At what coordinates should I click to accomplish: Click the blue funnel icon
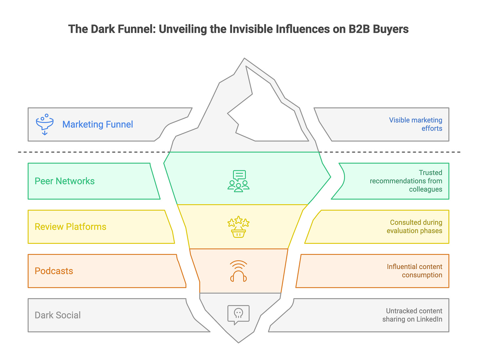[x=45, y=124]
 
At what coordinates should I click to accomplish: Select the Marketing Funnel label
[x=98, y=124]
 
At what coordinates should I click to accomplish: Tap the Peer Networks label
[x=65, y=181]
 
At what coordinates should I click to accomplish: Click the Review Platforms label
[x=70, y=226]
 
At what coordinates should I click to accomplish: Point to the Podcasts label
[x=54, y=271]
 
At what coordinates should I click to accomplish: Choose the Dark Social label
[x=58, y=315]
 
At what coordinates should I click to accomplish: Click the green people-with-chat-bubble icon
[x=238, y=181]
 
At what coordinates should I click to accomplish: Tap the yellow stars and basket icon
[x=238, y=226]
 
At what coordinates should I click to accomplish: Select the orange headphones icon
[x=238, y=271]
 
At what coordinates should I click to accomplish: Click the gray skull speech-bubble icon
[x=238, y=315]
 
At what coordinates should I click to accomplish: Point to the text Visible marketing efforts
[x=415, y=124]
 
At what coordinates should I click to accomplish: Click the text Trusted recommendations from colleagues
[x=406, y=181]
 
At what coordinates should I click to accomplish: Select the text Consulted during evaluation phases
[x=415, y=226]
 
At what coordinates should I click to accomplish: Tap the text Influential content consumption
[x=415, y=271]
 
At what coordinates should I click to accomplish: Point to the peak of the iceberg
[x=244, y=59]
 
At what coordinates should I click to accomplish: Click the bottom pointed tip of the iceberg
[x=238, y=342]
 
